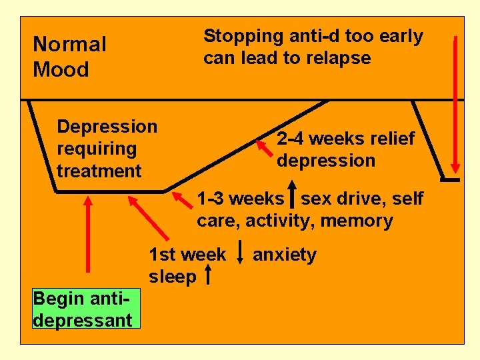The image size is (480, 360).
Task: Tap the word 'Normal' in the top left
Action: [69, 45]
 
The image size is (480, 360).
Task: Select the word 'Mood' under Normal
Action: [61, 69]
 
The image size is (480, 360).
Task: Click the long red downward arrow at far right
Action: [455, 103]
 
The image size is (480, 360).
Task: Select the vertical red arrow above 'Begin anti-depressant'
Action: [88, 233]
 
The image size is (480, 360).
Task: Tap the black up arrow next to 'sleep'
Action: [208, 275]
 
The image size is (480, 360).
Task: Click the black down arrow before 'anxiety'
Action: [239, 255]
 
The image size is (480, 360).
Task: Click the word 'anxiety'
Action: [285, 255]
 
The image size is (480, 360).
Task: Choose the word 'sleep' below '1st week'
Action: [173, 276]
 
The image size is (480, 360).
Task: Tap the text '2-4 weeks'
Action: [309, 139]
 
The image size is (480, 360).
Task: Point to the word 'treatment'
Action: [99, 171]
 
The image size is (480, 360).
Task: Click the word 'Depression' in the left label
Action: [107, 126]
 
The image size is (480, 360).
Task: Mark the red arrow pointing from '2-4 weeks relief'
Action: [265, 147]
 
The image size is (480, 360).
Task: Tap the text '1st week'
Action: [187, 255]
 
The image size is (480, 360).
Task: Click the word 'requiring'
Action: [97, 149]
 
